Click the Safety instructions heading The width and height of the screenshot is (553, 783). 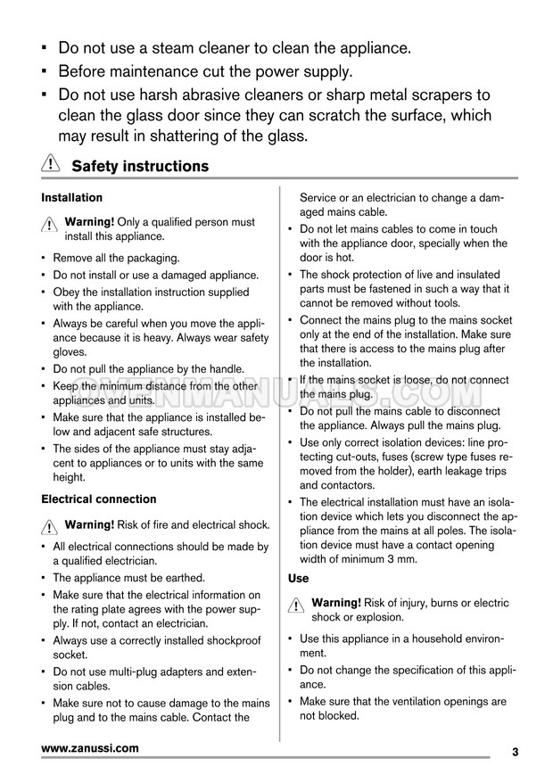click(x=140, y=167)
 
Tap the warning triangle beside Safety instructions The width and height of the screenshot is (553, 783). click(x=51, y=166)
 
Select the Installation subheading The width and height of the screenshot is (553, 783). click(x=72, y=198)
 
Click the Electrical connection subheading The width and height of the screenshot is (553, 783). click(x=99, y=499)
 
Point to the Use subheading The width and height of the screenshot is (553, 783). click(x=299, y=579)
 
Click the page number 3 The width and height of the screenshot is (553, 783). click(x=516, y=752)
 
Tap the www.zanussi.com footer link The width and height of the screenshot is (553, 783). click(x=90, y=749)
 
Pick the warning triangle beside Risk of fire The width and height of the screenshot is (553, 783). click(x=50, y=528)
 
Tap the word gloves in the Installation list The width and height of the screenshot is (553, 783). click(x=71, y=353)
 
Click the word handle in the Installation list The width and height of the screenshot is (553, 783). click(x=225, y=369)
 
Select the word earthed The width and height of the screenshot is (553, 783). click(x=183, y=578)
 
